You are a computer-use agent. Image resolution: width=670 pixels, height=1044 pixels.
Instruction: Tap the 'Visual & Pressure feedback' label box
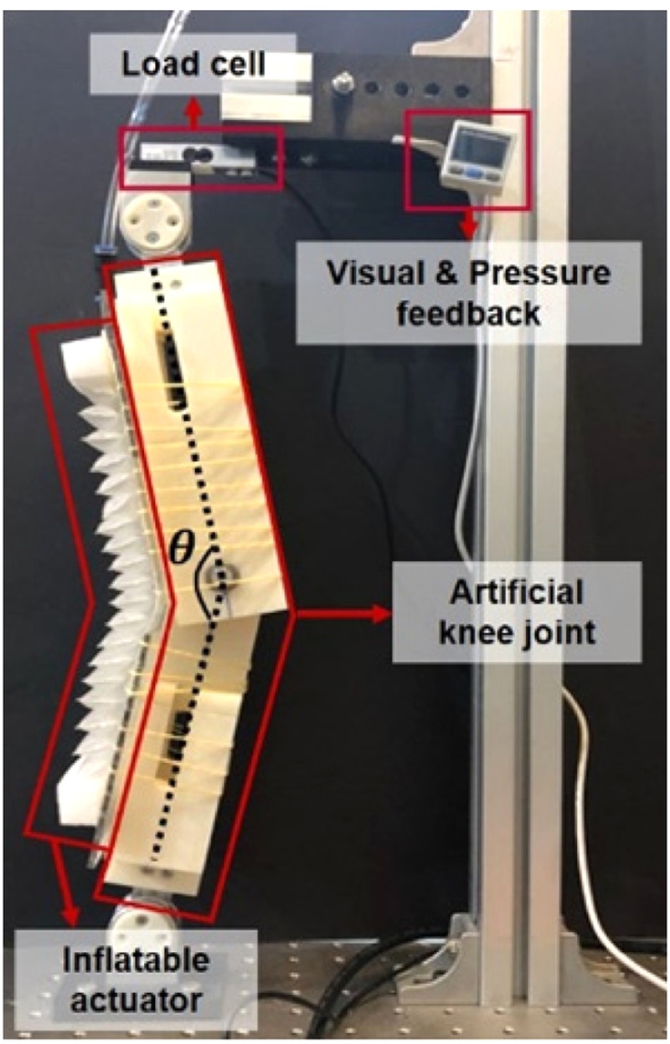(x=468, y=292)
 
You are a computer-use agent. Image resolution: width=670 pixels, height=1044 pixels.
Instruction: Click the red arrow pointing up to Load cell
(x=194, y=113)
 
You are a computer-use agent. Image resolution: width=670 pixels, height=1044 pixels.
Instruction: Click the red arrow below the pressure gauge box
(x=467, y=224)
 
